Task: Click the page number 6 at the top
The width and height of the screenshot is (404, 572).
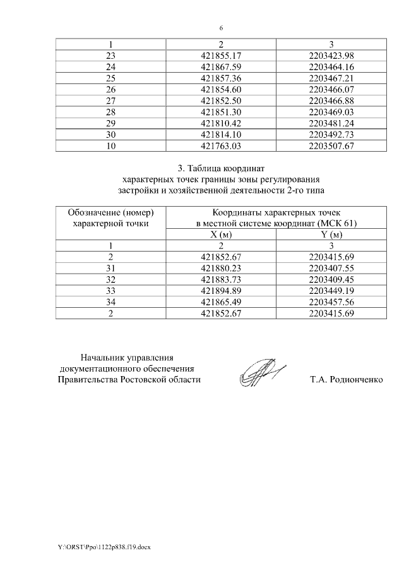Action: (x=221, y=28)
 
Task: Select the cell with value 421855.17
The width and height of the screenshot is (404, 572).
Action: (x=221, y=56)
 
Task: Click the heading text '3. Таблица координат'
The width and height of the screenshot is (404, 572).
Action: (x=221, y=169)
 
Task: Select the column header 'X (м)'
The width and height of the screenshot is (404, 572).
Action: (x=221, y=234)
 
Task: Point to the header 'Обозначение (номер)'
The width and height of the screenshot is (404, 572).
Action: (x=111, y=213)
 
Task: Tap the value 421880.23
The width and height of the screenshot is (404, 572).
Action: (x=221, y=268)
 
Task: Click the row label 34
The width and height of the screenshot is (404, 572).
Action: (x=111, y=302)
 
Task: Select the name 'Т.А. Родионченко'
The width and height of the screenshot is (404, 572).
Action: (x=347, y=380)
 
